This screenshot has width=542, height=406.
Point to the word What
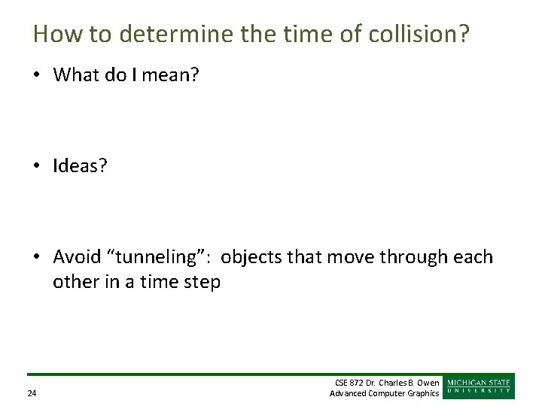pyautogui.click(x=79, y=75)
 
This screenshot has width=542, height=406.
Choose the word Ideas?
pyautogui.click(x=80, y=166)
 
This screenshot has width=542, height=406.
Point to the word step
pyautogui.click(x=202, y=283)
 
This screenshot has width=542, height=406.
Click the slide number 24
pyautogui.click(x=32, y=393)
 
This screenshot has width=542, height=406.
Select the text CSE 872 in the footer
pyautogui.click(x=349, y=383)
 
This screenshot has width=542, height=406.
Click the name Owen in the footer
pyautogui.click(x=427, y=383)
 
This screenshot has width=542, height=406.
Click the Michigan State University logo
pyautogui.click(x=480, y=386)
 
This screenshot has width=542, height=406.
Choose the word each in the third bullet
pyautogui.click(x=474, y=257)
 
